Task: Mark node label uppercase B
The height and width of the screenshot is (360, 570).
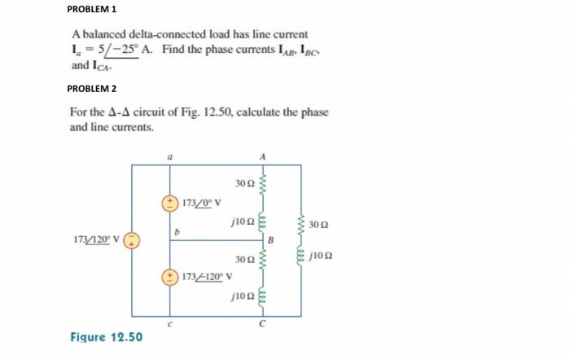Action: click(x=272, y=240)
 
